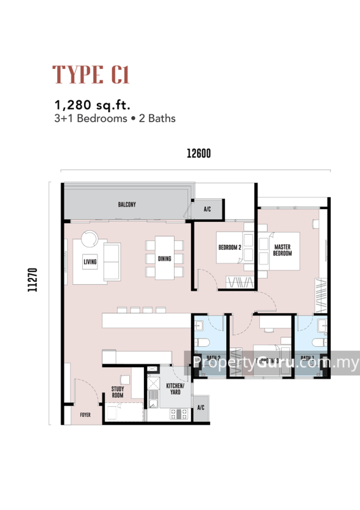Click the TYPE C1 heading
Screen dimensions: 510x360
[x=91, y=75]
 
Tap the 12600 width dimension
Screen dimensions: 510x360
[x=198, y=153]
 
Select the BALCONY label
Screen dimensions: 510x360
[x=127, y=204]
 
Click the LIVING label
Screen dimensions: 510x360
[x=90, y=261]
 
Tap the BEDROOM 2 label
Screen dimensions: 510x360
[x=229, y=247]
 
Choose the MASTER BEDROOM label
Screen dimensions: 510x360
[x=282, y=250]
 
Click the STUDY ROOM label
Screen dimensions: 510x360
[x=118, y=391]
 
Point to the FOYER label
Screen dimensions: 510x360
[x=85, y=415]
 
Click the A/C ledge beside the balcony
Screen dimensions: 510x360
[x=207, y=209]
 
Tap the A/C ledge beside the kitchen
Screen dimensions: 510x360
[x=201, y=407]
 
